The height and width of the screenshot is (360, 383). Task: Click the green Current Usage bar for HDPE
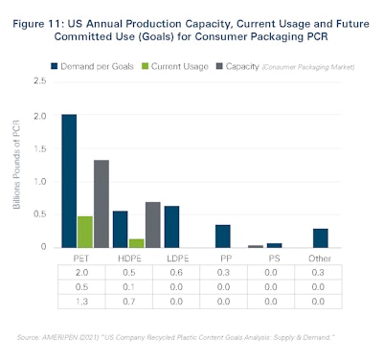click(136, 242)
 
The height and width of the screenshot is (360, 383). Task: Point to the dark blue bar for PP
click(223, 236)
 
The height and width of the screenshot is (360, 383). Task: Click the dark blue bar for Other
click(320, 237)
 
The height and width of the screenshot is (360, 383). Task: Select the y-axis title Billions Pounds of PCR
click(24, 165)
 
